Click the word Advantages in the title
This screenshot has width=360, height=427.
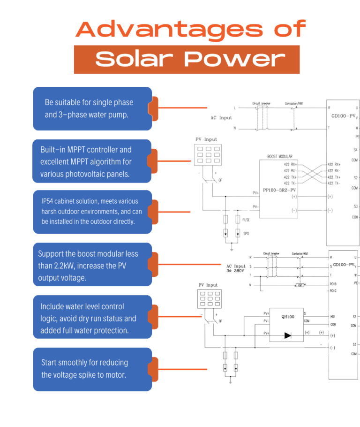click(x=169, y=29)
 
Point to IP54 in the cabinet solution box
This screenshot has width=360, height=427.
click(x=49, y=201)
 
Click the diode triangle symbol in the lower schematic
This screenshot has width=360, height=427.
click(x=287, y=335)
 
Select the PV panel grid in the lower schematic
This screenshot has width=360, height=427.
click(x=210, y=298)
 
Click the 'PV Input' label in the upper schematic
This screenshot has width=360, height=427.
click(x=207, y=139)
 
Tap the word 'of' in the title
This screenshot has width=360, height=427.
click(x=290, y=29)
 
